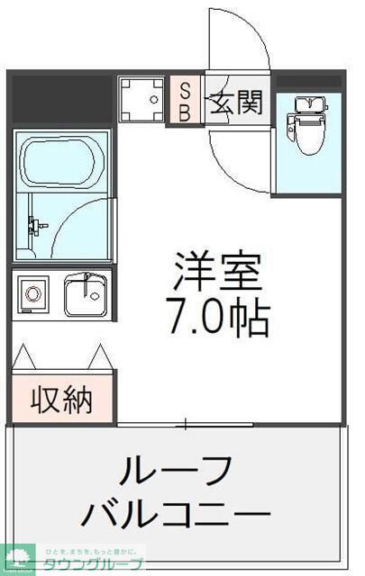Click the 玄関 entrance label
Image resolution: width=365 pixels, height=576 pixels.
238,102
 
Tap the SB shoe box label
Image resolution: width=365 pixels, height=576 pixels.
183,100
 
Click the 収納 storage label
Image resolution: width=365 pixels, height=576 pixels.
63,398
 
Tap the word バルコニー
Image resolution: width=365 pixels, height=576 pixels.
176,516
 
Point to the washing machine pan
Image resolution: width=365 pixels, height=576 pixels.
141,100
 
